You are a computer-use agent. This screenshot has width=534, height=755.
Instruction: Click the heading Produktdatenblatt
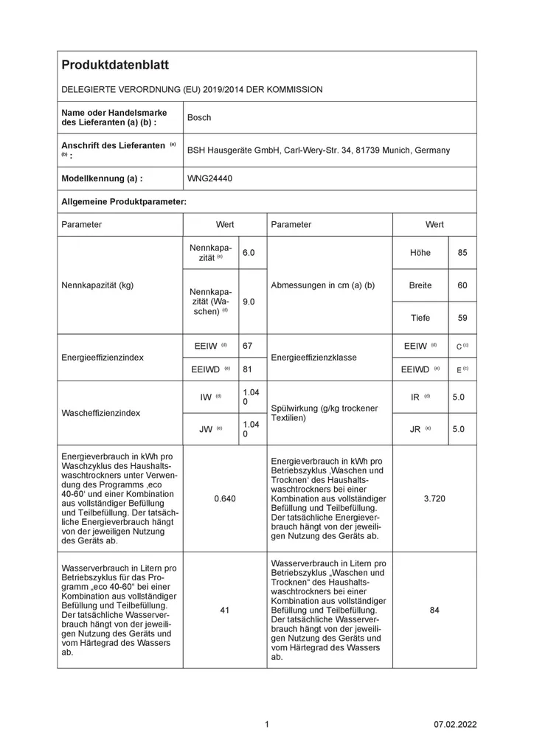click(115, 65)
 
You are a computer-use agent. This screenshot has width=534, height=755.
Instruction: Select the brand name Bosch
click(199, 117)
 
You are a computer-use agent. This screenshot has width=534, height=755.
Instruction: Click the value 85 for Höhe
click(462, 253)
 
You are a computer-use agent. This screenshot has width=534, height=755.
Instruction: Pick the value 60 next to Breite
click(462, 285)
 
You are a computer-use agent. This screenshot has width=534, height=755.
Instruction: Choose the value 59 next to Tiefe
click(462, 318)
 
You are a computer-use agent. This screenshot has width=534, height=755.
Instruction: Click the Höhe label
click(420, 253)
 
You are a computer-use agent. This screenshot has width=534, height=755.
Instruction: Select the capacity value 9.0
click(249, 302)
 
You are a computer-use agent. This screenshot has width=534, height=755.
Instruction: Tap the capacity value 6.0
click(249, 253)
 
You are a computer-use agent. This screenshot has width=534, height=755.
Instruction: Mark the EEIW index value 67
click(249, 345)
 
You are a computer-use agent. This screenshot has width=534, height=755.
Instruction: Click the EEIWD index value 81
click(249, 369)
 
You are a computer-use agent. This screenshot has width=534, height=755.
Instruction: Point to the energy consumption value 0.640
click(224, 498)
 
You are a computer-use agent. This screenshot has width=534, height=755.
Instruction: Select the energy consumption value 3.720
click(434, 498)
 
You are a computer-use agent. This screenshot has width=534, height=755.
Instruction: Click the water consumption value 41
click(224, 610)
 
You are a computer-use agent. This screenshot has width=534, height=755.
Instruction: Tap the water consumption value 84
click(434, 610)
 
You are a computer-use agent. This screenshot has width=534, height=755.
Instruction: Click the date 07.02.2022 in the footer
click(455, 725)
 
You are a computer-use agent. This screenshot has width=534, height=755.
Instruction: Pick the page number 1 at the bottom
click(266, 725)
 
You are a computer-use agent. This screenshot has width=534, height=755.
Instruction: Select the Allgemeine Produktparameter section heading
click(123, 201)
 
